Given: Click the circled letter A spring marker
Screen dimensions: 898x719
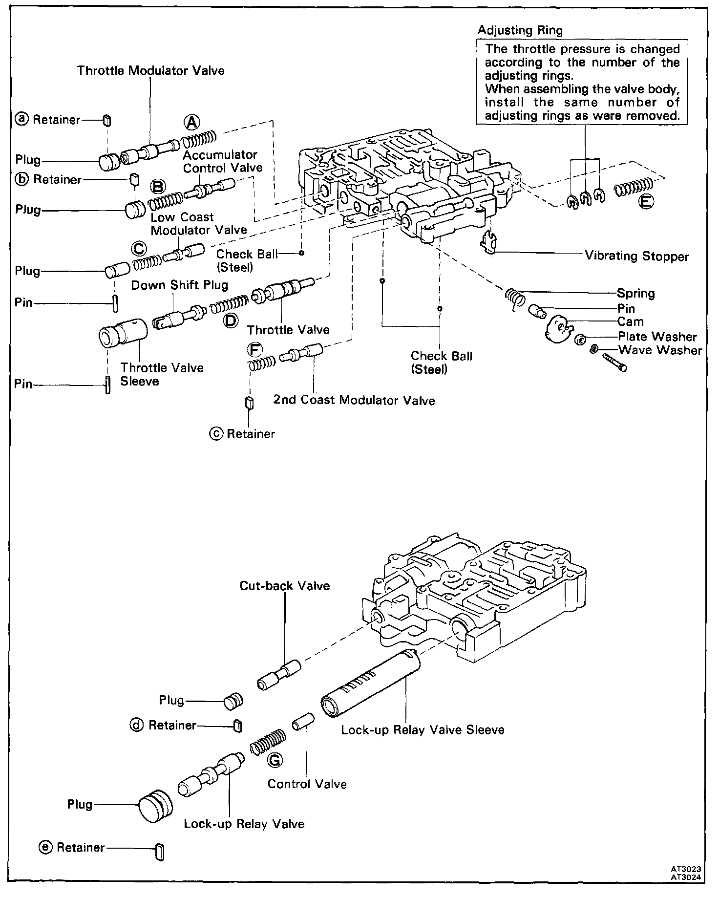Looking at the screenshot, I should click(191, 122).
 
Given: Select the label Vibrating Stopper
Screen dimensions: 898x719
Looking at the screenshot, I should click(637, 256).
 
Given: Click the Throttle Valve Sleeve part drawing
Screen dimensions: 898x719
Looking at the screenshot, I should click(123, 333).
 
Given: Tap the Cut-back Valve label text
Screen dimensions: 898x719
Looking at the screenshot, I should click(285, 585).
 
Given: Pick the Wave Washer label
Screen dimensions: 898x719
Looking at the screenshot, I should click(660, 350).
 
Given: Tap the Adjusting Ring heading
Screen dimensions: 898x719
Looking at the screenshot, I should click(520, 30).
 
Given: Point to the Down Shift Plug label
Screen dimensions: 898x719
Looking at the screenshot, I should click(180, 285).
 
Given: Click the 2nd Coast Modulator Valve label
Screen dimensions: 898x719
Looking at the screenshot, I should click(354, 401).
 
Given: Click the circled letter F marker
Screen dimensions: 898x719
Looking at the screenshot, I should click(254, 349).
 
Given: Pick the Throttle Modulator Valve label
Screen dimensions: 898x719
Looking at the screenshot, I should click(151, 70).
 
